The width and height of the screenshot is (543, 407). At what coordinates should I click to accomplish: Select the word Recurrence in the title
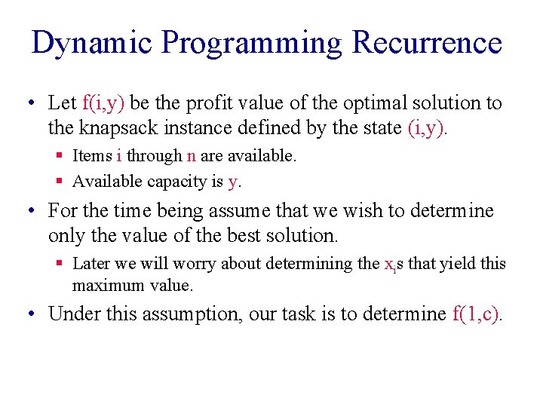coord(427,43)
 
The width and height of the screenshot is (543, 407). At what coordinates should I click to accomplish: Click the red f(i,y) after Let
coord(104,103)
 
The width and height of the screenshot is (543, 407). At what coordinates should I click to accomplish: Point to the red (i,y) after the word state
coord(427,128)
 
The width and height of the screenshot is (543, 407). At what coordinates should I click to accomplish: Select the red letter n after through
coord(191,156)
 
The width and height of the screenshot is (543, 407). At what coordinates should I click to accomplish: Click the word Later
coord(90,264)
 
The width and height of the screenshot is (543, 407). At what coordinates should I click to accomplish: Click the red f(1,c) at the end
coord(475,314)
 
